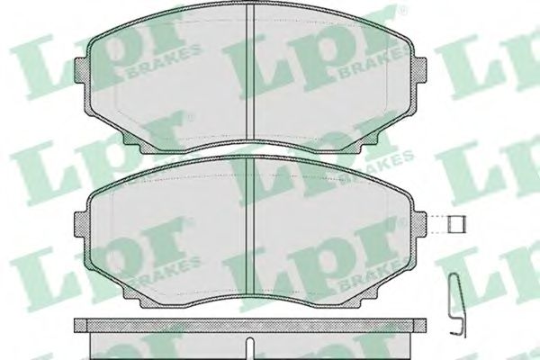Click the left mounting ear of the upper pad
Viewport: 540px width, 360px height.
coord(82,70)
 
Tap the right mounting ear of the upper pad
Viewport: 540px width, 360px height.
coord(419,70)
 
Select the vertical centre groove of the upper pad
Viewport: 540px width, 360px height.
coord(250,73)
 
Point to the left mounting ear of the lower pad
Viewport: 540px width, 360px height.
coord(82,224)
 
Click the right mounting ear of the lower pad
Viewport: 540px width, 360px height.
coord(419,224)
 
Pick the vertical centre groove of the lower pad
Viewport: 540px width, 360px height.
coord(250,226)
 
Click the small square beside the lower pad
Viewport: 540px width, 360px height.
coord(456,223)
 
